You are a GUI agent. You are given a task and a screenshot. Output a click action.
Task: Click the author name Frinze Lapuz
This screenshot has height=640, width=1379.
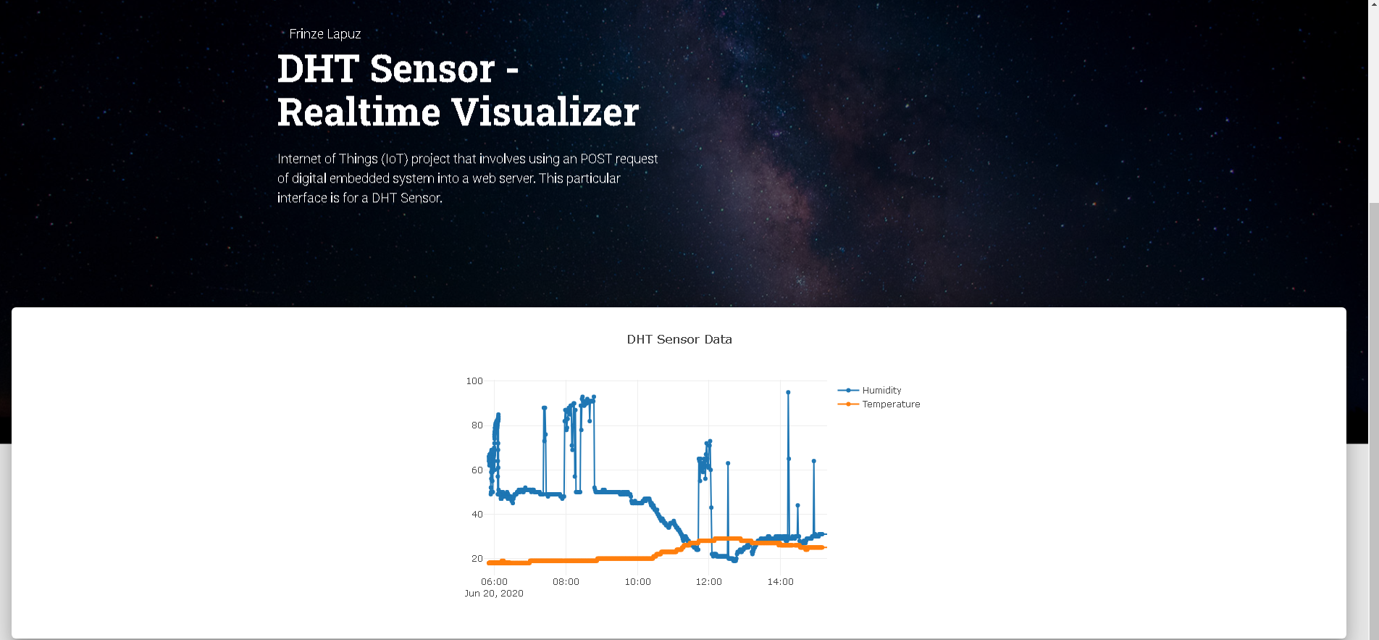point(325,34)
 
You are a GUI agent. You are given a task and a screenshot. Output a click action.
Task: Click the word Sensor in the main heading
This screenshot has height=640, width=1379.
point(432,70)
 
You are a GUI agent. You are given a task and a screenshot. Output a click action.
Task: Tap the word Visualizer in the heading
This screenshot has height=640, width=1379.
point(545,112)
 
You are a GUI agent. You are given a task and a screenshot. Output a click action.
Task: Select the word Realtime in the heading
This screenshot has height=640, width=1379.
point(359,112)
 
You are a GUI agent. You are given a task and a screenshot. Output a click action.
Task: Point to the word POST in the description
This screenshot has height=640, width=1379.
point(596,159)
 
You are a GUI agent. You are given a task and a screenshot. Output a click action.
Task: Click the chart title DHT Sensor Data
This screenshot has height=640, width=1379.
point(679,339)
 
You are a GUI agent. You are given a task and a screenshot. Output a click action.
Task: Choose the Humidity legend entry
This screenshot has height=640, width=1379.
point(870,390)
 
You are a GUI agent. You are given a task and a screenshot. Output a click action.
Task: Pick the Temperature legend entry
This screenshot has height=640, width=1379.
point(879,404)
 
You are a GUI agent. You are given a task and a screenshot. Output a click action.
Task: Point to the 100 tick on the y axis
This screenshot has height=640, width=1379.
point(474,381)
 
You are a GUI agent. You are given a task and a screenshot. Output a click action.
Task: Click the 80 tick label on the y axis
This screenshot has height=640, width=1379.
point(477,425)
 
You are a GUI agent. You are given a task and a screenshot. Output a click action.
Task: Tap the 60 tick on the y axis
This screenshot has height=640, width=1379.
point(477,470)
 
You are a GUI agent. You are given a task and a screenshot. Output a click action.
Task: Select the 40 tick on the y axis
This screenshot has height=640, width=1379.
point(477,515)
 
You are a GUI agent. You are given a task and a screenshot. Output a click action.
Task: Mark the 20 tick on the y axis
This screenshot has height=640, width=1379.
point(477,559)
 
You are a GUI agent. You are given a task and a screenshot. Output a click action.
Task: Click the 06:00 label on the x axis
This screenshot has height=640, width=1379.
point(494,582)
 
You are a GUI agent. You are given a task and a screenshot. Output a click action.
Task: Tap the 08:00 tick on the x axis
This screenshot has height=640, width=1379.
point(566,582)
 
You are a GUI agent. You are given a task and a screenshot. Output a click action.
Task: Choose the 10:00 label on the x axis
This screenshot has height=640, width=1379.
point(637,582)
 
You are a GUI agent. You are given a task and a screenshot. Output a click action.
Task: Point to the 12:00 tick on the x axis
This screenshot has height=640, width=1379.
point(708,582)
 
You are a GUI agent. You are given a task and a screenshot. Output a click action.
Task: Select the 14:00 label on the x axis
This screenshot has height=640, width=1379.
point(780,582)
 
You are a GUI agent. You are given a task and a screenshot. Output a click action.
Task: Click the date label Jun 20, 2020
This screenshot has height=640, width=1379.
point(494,594)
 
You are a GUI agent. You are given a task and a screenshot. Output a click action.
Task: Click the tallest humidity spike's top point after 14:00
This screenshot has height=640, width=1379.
point(788,392)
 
